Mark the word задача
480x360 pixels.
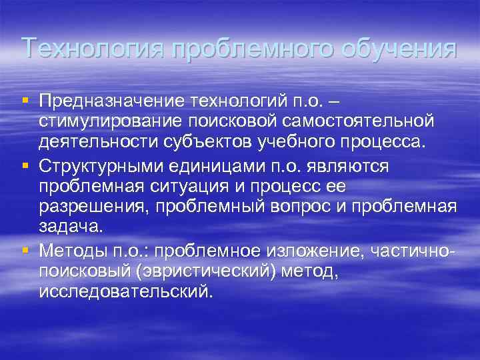pyautogui.click(x=71, y=227)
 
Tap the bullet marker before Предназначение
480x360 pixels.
pyautogui.click(x=25, y=100)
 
